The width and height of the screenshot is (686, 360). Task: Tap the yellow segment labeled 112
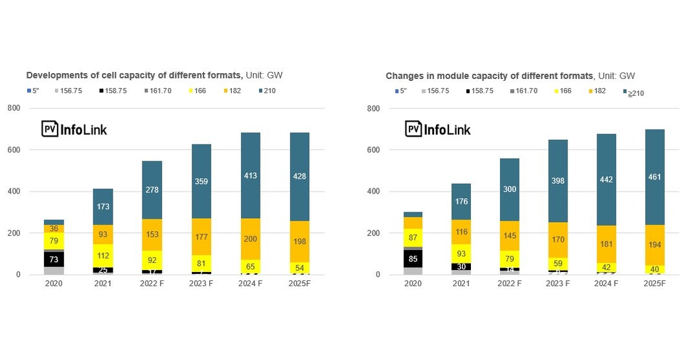[104, 255]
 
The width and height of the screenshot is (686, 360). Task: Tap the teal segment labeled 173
[104, 207]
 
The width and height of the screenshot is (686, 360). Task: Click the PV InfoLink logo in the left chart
[74, 129]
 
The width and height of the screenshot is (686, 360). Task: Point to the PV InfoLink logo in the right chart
[439, 129]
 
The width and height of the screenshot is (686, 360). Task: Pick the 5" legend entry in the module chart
[400, 91]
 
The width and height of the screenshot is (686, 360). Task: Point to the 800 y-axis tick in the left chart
[14, 108]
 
